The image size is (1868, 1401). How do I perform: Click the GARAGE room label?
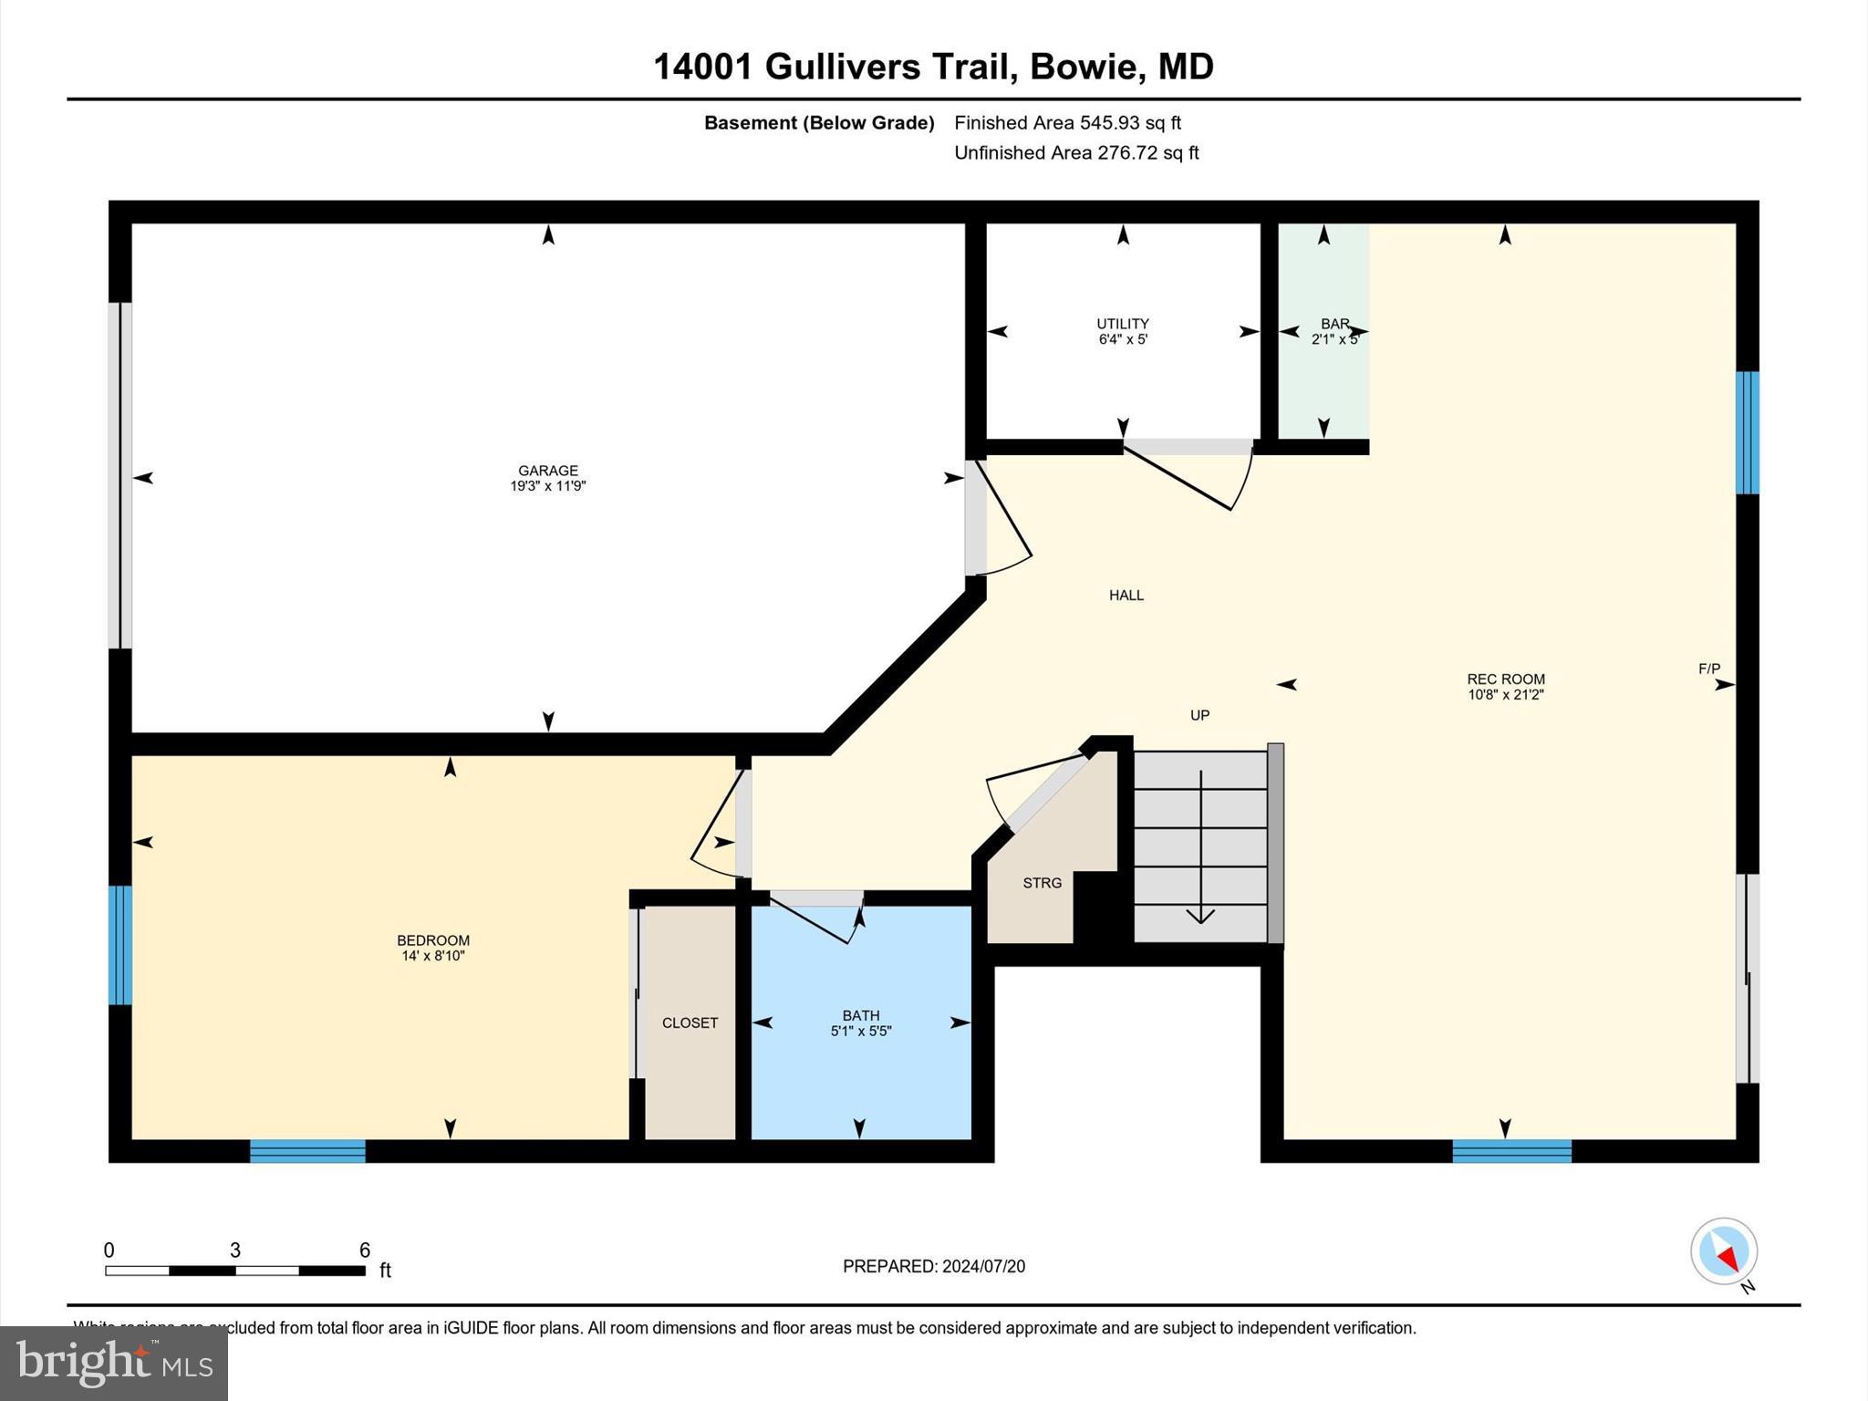tap(547, 471)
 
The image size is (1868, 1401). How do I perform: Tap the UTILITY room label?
tap(1122, 324)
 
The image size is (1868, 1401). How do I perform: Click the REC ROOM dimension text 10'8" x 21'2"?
tap(1505, 695)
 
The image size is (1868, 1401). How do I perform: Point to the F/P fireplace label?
tap(1708, 669)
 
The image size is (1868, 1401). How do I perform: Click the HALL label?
tap(1126, 595)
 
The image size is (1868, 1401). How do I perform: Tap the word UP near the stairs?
tap(1199, 715)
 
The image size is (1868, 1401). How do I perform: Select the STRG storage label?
tap(1042, 883)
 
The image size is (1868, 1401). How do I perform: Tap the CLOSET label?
tap(690, 1022)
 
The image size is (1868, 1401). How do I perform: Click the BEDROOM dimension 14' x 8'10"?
tap(433, 956)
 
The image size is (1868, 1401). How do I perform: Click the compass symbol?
tap(1723, 1251)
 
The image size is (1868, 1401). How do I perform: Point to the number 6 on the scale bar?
tap(364, 1251)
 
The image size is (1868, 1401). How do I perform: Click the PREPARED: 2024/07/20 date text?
tap(933, 1266)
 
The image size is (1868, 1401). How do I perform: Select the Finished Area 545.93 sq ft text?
tap(1067, 122)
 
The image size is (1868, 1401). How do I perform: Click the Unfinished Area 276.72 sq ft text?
tap(1076, 152)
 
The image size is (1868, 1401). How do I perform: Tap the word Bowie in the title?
tap(1084, 67)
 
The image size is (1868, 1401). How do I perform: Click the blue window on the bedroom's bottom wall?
tap(307, 1151)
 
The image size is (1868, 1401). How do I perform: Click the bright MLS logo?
tap(113, 1364)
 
